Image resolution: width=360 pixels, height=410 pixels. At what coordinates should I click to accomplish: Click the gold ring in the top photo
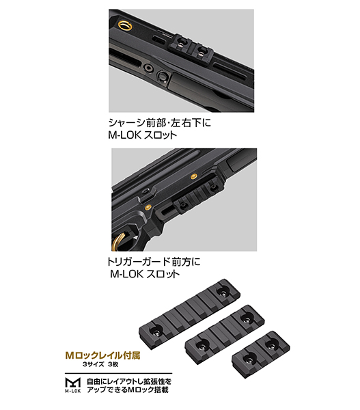pyautogui.click(x=125, y=25)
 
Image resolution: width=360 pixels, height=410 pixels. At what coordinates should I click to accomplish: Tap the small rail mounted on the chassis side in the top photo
pyautogui.click(x=191, y=46)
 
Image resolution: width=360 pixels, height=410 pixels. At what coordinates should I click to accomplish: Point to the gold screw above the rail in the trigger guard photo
pyautogui.click(x=193, y=177)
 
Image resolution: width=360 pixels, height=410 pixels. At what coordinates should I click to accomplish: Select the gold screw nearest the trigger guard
pyautogui.click(x=148, y=207)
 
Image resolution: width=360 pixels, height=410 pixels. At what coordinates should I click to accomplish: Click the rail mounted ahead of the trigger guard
pyautogui.click(x=197, y=197)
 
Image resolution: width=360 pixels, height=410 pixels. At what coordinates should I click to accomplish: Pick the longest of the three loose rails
pyautogui.click(x=189, y=314)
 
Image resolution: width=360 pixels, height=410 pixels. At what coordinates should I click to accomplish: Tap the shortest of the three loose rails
pyautogui.click(x=261, y=354)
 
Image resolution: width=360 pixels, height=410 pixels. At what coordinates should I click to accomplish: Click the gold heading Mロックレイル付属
pyautogui.click(x=102, y=355)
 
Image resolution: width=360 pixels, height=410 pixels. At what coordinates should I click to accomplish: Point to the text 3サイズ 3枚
pyautogui.click(x=100, y=364)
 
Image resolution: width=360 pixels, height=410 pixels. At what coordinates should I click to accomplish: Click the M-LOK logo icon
pyautogui.click(x=72, y=385)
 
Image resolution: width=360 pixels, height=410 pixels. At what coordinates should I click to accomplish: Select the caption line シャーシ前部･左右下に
pyautogui.click(x=159, y=122)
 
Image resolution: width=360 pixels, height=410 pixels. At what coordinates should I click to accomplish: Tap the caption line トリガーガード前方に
pyautogui.click(x=154, y=262)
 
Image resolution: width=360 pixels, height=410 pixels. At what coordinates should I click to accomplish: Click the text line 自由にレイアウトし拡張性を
pyautogui.click(x=129, y=381)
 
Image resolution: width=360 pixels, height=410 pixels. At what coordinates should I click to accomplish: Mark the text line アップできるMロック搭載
pyautogui.click(x=128, y=390)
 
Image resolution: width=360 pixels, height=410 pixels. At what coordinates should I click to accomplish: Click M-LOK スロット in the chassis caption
pyautogui.click(x=143, y=135)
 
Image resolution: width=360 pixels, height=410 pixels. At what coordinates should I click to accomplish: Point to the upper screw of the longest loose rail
pyautogui.click(x=223, y=293)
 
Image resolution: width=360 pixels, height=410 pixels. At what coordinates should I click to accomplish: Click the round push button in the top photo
pyautogui.click(x=163, y=77)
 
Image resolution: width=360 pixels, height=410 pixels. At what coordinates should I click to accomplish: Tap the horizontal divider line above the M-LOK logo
pyautogui.click(x=118, y=373)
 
